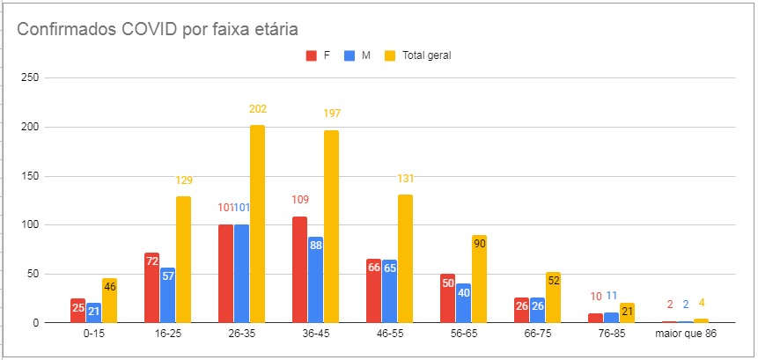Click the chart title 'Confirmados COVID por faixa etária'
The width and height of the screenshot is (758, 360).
[x=158, y=28]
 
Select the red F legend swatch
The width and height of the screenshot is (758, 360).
[x=311, y=55]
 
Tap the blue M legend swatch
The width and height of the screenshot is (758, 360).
[x=350, y=55]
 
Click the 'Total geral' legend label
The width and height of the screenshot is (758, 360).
[x=426, y=55]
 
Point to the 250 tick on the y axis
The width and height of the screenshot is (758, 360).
[x=30, y=78]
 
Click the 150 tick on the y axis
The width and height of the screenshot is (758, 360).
[x=30, y=176]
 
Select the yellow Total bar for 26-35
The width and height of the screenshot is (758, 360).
[x=257, y=224]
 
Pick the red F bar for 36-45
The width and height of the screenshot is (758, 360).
[x=299, y=269]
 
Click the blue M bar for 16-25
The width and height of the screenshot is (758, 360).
[x=167, y=295]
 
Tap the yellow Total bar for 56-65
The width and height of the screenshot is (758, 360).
[x=479, y=278]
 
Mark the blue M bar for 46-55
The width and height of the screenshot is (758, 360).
[x=389, y=290]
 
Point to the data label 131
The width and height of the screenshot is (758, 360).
[x=405, y=179]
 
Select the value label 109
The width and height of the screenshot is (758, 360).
[x=299, y=200]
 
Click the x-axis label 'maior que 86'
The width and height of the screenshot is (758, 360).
[x=685, y=335]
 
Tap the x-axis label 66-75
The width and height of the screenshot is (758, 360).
[x=537, y=335]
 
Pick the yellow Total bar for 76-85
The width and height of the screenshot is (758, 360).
[x=627, y=312]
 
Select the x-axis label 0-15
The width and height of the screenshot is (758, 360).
[x=93, y=335]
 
